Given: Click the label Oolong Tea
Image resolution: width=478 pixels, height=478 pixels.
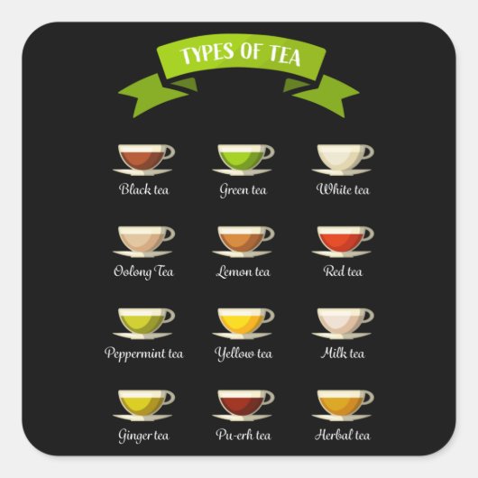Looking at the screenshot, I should point(143,271).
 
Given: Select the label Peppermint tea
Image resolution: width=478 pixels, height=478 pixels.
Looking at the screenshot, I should point(143,354).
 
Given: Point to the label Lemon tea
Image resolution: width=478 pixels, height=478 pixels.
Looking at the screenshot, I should point(243,271).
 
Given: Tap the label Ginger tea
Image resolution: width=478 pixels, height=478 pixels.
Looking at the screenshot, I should point(143,436).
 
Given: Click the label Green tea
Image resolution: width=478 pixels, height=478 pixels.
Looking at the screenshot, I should point(243,190).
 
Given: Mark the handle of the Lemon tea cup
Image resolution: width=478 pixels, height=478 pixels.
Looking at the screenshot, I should point(269,234).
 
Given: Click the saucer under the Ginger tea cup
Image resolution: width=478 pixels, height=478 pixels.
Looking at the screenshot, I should point(143,418).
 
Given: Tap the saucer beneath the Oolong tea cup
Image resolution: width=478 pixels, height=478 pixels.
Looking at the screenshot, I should point(143,253).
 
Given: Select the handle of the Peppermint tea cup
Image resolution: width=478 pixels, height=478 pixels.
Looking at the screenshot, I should point(170,316).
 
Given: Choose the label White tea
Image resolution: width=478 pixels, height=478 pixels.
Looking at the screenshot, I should point(343,190).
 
